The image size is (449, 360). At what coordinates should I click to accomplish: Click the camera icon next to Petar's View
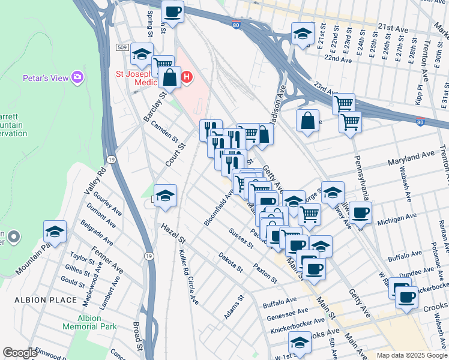click(x=77, y=77)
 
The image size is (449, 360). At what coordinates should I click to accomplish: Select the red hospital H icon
click(x=187, y=77)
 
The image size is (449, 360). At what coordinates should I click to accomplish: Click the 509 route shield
click(x=122, y=47)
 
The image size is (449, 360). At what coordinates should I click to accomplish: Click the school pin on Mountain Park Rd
click(x=55, y=232)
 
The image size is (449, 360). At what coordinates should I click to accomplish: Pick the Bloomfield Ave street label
click(x=218, y=207)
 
